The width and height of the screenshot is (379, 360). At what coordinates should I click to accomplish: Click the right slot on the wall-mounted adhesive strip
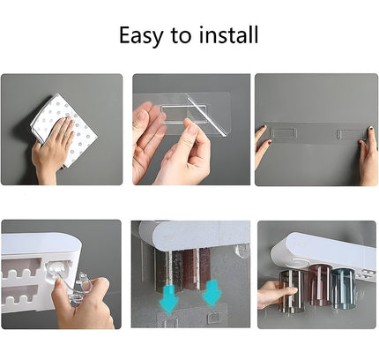click(x=350, y=135)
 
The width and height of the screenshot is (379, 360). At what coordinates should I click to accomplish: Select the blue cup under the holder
click(x=343, y=289)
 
